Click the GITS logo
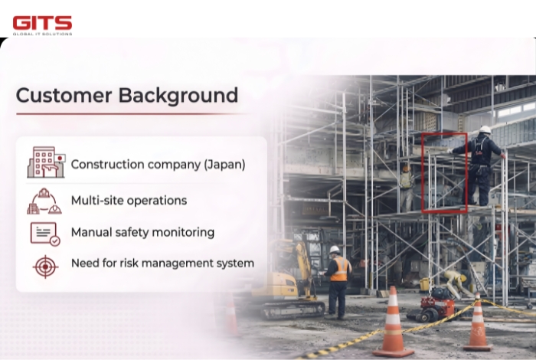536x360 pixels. (42, 22)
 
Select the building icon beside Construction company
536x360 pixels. (46, 162)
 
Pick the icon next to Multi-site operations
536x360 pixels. (44, 201)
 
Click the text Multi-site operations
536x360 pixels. (129, 201)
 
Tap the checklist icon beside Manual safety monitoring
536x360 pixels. (44, 233)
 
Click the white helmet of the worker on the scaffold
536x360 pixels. (485, 129)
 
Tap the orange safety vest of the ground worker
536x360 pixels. (339, 269)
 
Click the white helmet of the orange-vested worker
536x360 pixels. (335, 250)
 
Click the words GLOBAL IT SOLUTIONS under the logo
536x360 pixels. (42, 33)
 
